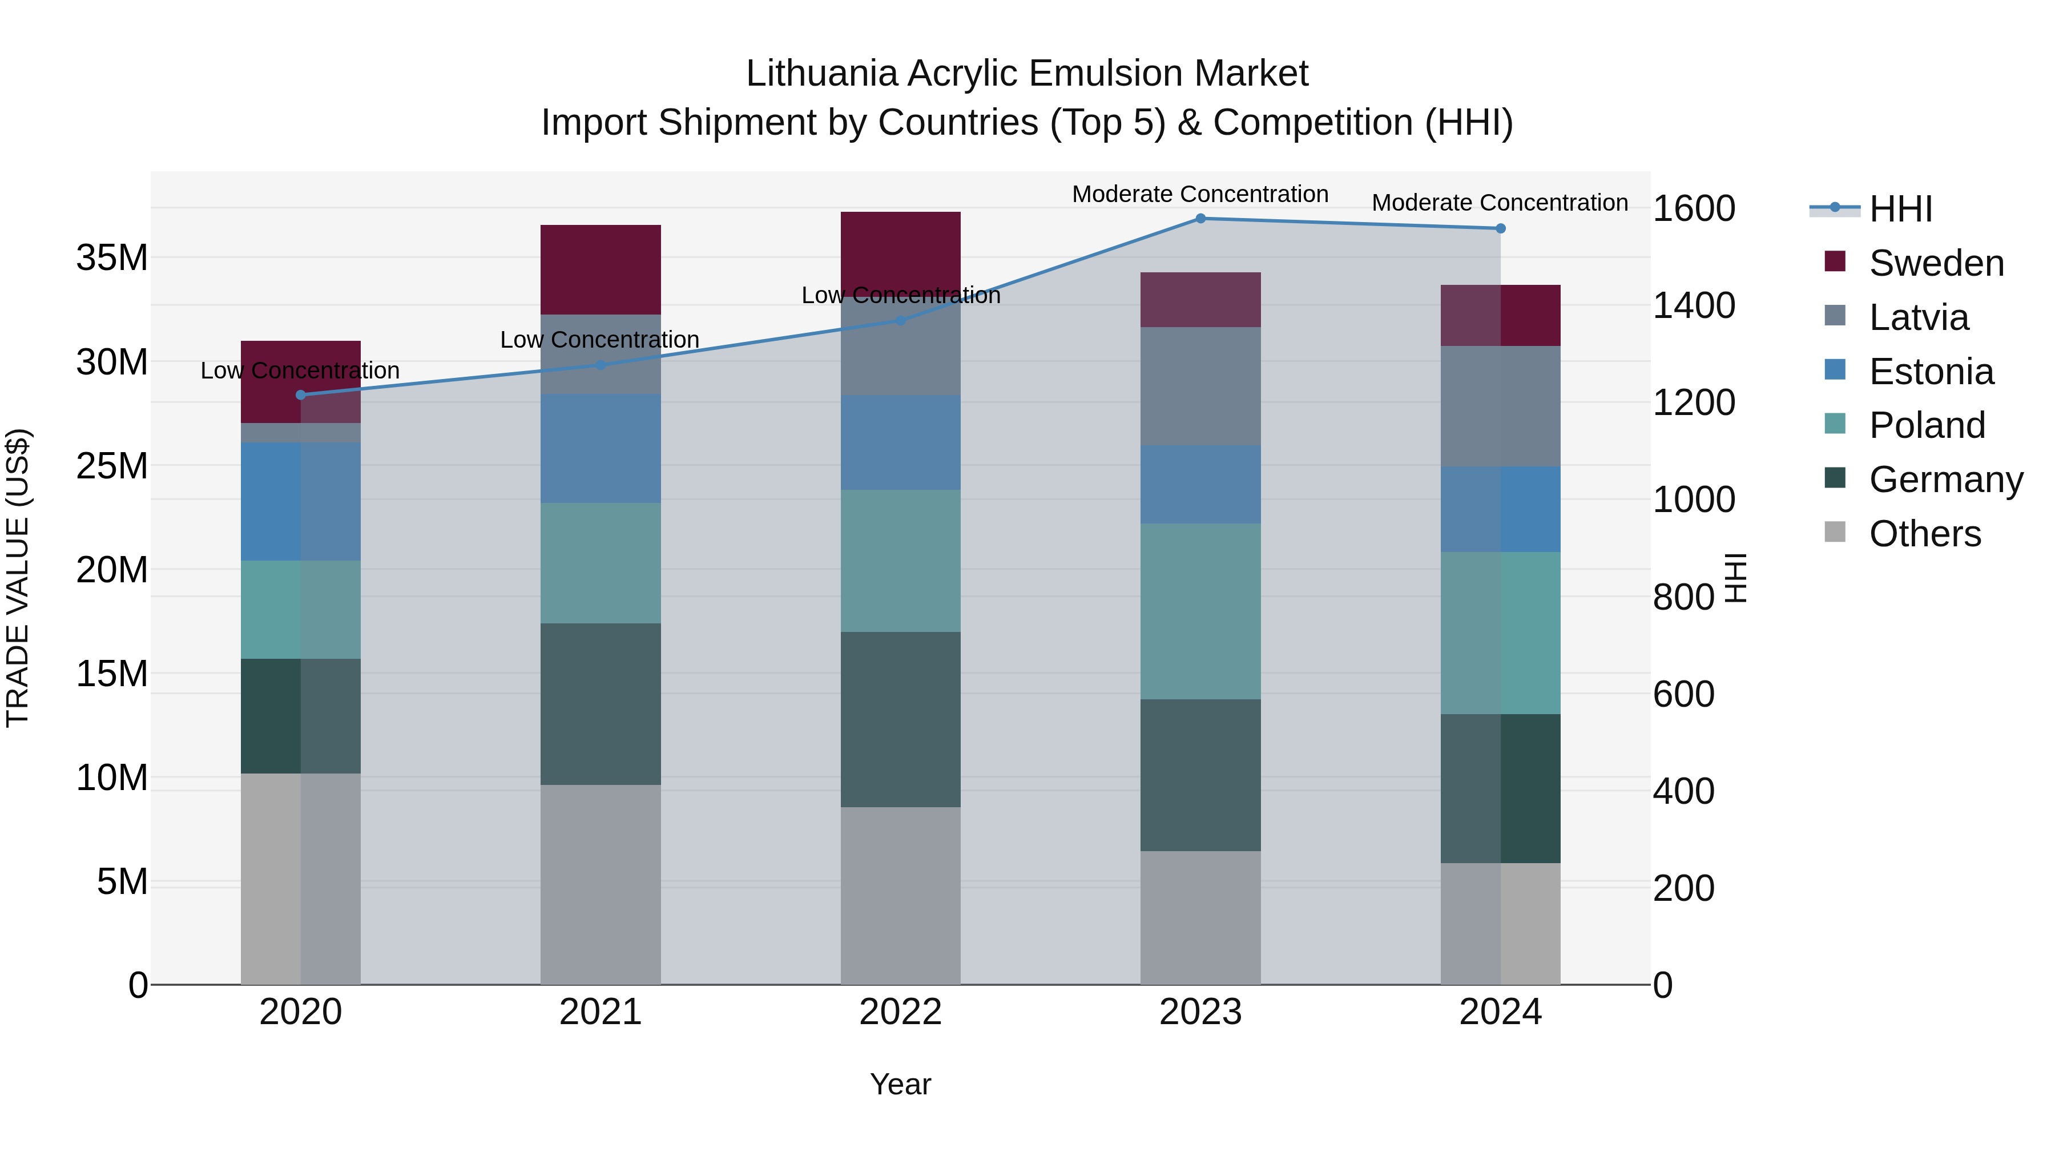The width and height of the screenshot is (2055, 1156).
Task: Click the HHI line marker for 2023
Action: tap(1200, 219)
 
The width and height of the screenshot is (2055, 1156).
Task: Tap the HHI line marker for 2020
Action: tap(301, 395)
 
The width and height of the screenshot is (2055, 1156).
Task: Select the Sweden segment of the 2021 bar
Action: tap(600, 269)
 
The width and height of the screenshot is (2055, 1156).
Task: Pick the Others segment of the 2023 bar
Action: tap(1200, 917)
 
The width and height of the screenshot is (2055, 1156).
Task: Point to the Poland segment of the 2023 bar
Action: tap(1200, 611)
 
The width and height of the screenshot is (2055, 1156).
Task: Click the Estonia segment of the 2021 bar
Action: tap(600, 448)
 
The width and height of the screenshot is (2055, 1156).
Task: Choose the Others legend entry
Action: tap(1924, 534)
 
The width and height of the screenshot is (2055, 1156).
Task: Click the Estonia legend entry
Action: tap(1931, 372)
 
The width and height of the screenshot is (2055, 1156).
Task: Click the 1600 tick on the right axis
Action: tap(1694, 209)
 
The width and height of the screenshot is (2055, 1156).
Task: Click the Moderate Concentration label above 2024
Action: tap(1499, 203)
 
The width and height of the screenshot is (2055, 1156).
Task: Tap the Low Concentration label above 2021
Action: tap(599, 340)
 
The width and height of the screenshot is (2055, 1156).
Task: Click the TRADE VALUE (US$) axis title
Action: tap(18, 578)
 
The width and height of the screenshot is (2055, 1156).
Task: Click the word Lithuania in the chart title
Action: tap(821, 74)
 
